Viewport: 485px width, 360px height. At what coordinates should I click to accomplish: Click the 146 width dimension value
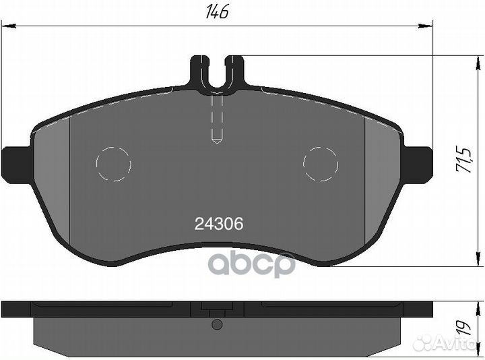tap(218, 12)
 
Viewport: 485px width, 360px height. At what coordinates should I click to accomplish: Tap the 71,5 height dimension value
tap(463, 160)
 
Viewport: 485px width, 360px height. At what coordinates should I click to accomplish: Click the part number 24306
tap(219, 224)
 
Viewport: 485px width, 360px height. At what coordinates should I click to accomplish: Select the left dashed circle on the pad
tap(114, 164)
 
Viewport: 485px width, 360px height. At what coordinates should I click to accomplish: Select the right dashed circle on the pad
tap(321, 164)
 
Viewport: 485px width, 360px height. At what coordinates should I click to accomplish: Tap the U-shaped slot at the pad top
tap(217, 73)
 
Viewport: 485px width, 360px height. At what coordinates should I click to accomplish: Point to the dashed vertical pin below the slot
tap(217, 119)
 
